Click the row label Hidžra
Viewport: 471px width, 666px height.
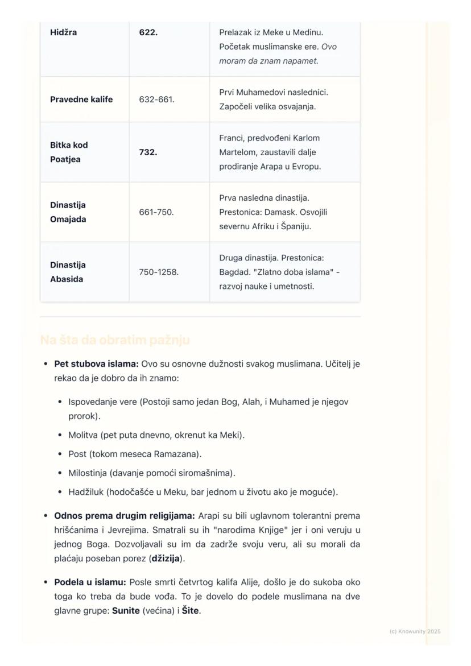63,32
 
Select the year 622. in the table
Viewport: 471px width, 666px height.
148,32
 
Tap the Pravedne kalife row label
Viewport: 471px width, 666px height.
81,100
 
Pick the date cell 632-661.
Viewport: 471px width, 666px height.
156,100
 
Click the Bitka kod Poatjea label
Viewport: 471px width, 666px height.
69,152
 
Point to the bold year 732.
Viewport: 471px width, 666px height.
148,152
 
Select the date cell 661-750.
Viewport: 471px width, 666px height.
156,212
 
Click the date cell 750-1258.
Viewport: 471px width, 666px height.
159,272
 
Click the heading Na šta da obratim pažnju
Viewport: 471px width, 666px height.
115,340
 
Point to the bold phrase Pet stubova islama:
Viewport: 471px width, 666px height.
96,364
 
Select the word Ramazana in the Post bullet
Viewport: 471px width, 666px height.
176,454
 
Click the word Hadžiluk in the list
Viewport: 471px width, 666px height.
85,492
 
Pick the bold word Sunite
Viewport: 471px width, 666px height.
126,611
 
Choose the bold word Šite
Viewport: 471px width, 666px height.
191,611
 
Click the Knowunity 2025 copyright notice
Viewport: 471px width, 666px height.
415,631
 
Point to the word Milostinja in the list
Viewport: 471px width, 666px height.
88,473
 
